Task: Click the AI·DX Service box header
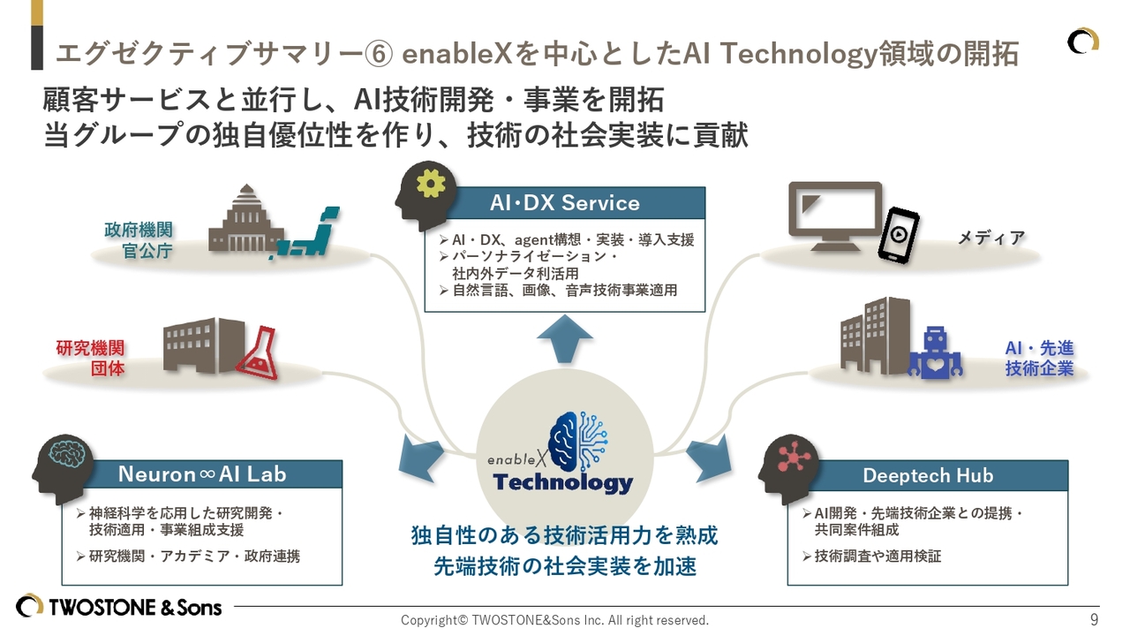pos(565,203)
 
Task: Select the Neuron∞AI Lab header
pos(202,474)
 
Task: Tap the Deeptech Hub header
pos(927,476)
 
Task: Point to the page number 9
pos(1095,619)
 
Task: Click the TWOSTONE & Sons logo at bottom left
pos(119,607)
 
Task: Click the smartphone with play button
pos(897,234)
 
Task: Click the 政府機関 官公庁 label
pos(138,240)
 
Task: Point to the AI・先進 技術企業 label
pos(1039,359)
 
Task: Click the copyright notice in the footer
pos(554,620)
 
